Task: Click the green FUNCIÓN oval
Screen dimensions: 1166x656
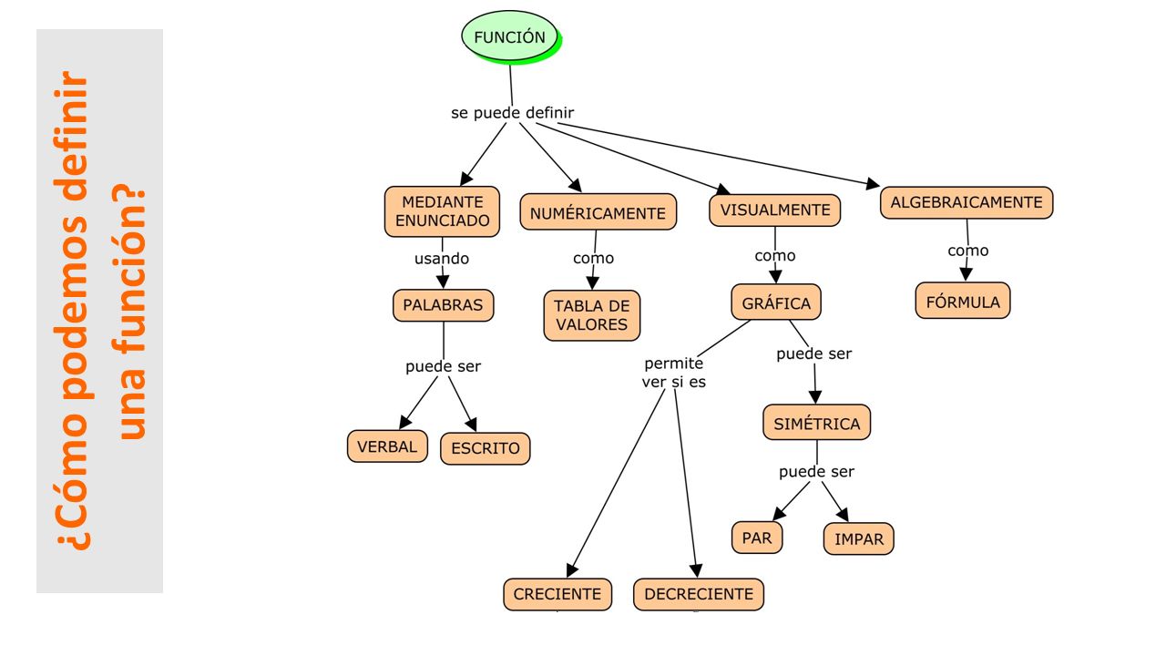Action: (509, 37)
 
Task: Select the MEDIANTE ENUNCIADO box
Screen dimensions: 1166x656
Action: (442, 211)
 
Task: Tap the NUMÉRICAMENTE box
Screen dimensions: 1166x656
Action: (598, 212)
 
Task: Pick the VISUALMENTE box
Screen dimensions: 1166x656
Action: (774, 210)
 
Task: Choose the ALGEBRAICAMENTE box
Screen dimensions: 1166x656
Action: (967, 202)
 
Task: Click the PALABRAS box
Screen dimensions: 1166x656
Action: (443, 305)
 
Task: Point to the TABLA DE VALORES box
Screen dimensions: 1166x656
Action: (592, 315)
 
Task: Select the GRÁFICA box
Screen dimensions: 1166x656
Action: (775, 302)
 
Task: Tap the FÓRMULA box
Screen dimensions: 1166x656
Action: (963, 301)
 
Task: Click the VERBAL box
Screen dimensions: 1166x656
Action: (387, 446)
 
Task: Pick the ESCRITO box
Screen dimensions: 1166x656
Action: (486, 448)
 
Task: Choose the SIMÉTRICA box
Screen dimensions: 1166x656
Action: (816, 423)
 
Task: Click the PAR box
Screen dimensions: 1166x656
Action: (756, 538)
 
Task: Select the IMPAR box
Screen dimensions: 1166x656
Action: (858, 538)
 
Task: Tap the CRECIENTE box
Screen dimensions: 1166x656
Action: (557, 594)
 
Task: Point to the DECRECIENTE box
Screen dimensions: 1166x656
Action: (699, 594)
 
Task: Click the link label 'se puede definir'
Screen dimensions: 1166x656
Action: (512, 113)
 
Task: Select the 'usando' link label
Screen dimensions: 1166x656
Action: (442, 258)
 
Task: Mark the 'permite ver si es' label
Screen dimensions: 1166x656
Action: (673, 373)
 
